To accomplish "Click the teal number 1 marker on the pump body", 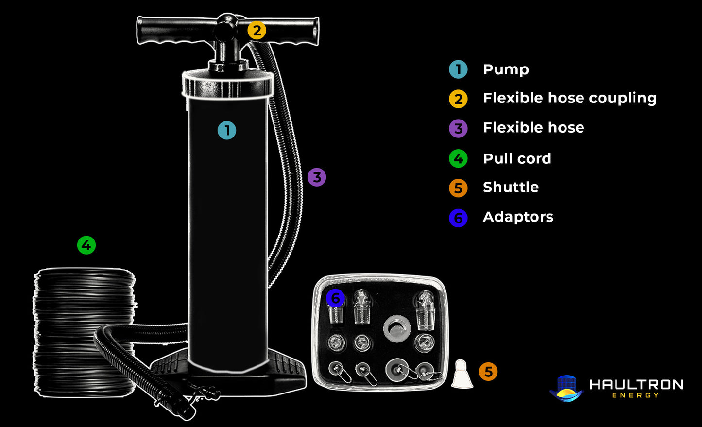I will (x=227, y=130).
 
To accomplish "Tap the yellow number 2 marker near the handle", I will (x=257, y=31).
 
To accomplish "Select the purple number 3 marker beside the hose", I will (x=317, y=177).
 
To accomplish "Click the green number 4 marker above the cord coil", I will (x=86, y=245).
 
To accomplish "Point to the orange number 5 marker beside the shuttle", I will (x=488, y=372).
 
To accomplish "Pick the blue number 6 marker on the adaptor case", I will (x=335, y=298).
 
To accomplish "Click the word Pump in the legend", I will (x=506, y=69).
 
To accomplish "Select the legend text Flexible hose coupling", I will (x=569, y=98).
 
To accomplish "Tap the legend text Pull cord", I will (x=517, y=158).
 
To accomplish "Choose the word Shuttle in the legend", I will (x=511, y=187).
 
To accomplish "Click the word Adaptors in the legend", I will (x=518, y=217).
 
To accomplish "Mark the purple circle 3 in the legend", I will (x=458, y=129).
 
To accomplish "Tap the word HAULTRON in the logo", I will (x=636, y=385).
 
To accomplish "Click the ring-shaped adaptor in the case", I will (x=397, y=329).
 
